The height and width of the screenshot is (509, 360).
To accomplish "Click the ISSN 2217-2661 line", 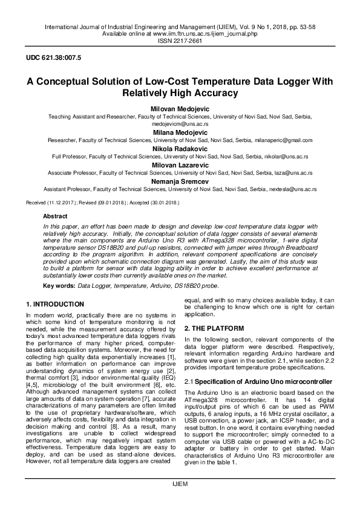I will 180,41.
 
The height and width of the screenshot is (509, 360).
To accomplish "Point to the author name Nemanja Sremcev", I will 180,181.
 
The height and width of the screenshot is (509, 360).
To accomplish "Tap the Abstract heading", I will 55,216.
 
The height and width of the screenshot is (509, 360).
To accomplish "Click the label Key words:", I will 59,285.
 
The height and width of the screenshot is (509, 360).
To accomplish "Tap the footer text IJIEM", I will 180,501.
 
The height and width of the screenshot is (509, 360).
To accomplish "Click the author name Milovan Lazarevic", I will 180,164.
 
